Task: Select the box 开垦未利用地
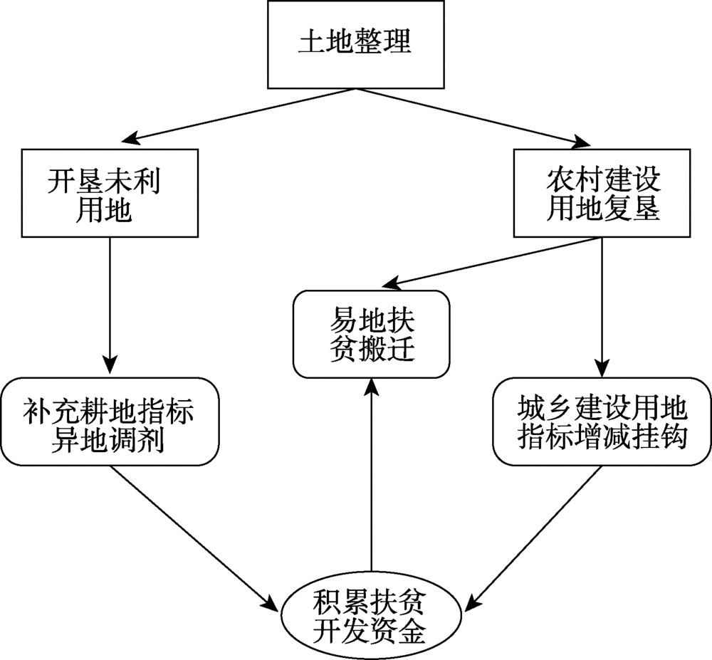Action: click(110, 192)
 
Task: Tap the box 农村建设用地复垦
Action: click(602, 192)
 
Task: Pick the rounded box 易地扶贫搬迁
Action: click(372, 333)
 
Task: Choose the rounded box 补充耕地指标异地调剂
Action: click(110, 422)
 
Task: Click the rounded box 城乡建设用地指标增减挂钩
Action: click(602, 422)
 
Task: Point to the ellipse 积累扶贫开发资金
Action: click(370, 617)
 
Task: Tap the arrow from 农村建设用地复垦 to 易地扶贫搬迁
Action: click(491, 262)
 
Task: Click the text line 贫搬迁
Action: click(372, 350)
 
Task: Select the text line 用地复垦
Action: click(602, 209)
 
